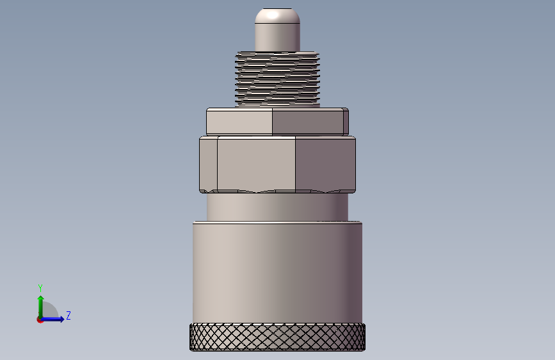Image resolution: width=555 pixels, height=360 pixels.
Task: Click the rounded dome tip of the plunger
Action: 278,15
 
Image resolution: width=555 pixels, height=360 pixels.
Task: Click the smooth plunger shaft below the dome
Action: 278,37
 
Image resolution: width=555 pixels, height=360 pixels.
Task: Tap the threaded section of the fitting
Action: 278,79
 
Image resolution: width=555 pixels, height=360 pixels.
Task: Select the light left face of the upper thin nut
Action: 239,122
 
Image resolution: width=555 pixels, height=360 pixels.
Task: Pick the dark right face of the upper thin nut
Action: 307,122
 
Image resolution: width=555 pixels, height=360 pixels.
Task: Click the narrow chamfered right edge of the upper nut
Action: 346,122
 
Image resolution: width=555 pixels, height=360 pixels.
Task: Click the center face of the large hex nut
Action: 256,165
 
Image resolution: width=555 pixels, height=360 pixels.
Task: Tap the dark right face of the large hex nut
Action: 325,165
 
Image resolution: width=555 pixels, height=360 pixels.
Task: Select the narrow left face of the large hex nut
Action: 209,165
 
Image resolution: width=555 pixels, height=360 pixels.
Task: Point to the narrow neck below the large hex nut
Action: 278,207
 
